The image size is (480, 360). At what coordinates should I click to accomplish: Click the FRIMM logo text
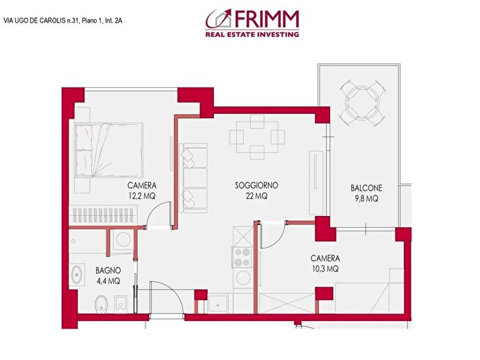268,18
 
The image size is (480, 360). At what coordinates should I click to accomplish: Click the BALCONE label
366,189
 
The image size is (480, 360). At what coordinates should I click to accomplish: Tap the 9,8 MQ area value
366,199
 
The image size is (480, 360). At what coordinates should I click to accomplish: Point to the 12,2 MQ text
142,196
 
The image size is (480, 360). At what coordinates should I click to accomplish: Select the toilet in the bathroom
100,302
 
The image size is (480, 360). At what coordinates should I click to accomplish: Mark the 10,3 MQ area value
325,269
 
